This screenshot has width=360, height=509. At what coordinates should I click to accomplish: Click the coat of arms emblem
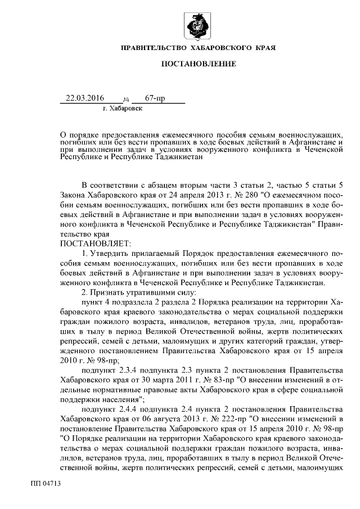[x=199, y=27]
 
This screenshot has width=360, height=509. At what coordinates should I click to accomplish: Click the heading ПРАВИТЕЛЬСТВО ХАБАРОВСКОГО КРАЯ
[x=199, y=49]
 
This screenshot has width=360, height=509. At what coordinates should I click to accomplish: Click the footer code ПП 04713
[x=46, y=483]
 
